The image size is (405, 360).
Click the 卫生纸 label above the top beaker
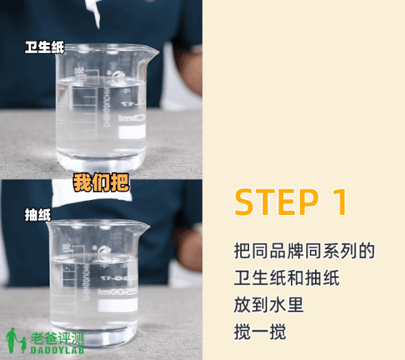44,48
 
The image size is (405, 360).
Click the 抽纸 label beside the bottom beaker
37,215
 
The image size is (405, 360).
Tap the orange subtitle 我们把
101,182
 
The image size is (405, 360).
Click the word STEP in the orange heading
276,202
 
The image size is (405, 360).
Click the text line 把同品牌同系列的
304,251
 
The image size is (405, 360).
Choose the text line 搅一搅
260,331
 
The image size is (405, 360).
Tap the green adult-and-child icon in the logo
16,340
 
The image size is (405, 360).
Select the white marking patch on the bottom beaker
119,304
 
